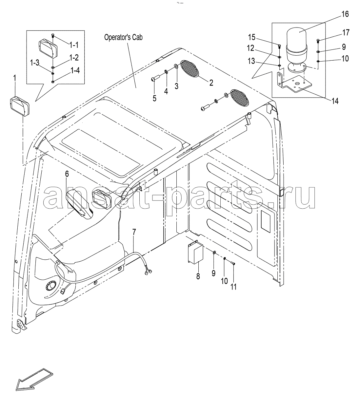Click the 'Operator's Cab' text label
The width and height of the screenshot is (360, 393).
pos(123,37)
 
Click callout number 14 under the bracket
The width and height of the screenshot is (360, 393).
pos(334,101)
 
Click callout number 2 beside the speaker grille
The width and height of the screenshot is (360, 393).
pos(211,82)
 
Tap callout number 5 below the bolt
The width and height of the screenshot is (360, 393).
pos(154,98)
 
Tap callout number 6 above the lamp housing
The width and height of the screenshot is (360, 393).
pos(67,174)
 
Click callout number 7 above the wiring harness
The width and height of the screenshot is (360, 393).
pos(134,232)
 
